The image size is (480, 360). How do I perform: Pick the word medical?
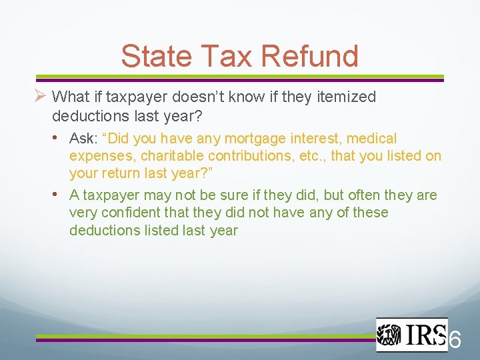click(x=371, y=139)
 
